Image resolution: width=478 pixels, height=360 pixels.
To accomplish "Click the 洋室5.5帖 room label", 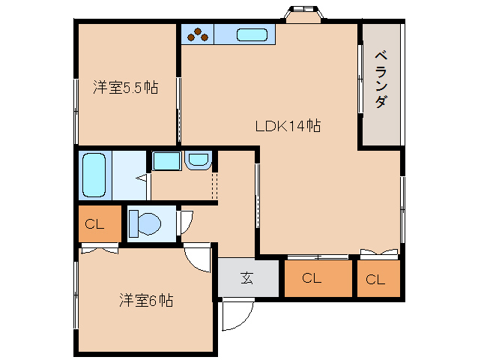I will tap(125, 87).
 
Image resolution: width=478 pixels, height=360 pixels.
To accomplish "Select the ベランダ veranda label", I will tap(381, 79).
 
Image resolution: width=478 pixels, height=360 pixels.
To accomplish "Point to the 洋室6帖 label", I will tap(146, 301).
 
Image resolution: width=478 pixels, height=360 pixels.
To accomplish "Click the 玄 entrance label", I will tap(246, 278).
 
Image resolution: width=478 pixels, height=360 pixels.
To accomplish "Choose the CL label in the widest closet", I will tap(312, 279).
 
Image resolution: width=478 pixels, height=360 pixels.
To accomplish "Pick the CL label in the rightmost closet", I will tap(375, 280).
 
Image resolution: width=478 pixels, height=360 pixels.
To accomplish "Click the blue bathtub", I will tap(94, 175).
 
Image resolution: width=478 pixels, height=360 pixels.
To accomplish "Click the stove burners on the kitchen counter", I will tap(198, 34).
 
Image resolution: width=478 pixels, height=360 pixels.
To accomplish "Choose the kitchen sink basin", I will tap(252, 34).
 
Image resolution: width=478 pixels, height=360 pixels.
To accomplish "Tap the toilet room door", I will tap(185, 220).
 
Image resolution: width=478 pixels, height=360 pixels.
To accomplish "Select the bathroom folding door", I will tap(142, 178).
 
